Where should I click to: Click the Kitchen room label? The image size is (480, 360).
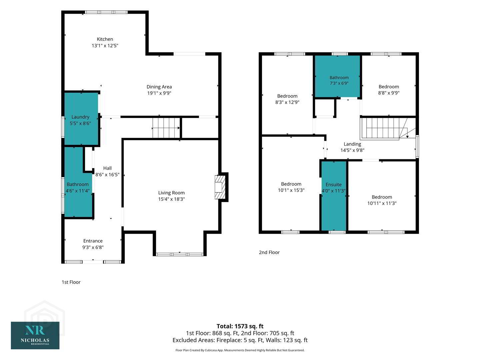(105, 39)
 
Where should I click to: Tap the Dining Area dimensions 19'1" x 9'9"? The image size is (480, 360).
(159, 93)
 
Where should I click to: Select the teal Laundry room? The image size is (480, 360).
(81, 119)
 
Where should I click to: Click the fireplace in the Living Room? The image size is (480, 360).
(220, 187)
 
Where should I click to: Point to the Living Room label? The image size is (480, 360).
(171, 193)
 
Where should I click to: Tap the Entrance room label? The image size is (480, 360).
(93, 241)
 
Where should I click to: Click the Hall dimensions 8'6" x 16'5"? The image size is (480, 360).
(107, 175)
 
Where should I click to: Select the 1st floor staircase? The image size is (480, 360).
(166, 128)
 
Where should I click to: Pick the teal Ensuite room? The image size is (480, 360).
(334, 196)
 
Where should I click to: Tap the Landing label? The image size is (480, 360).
(352, 144)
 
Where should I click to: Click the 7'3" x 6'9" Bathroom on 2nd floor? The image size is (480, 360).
(337, 76)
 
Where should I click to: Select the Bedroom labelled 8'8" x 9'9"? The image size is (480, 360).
(389, 85)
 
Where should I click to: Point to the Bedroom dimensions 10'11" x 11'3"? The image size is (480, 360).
(382, 203)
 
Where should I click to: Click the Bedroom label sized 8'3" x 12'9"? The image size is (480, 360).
(287, 96)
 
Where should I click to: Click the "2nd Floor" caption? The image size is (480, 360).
(269, 252)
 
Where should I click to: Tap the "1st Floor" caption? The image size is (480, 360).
(71, 282)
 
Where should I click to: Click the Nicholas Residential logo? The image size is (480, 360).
(35, 336)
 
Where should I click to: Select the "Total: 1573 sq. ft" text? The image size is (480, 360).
(240, 326)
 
